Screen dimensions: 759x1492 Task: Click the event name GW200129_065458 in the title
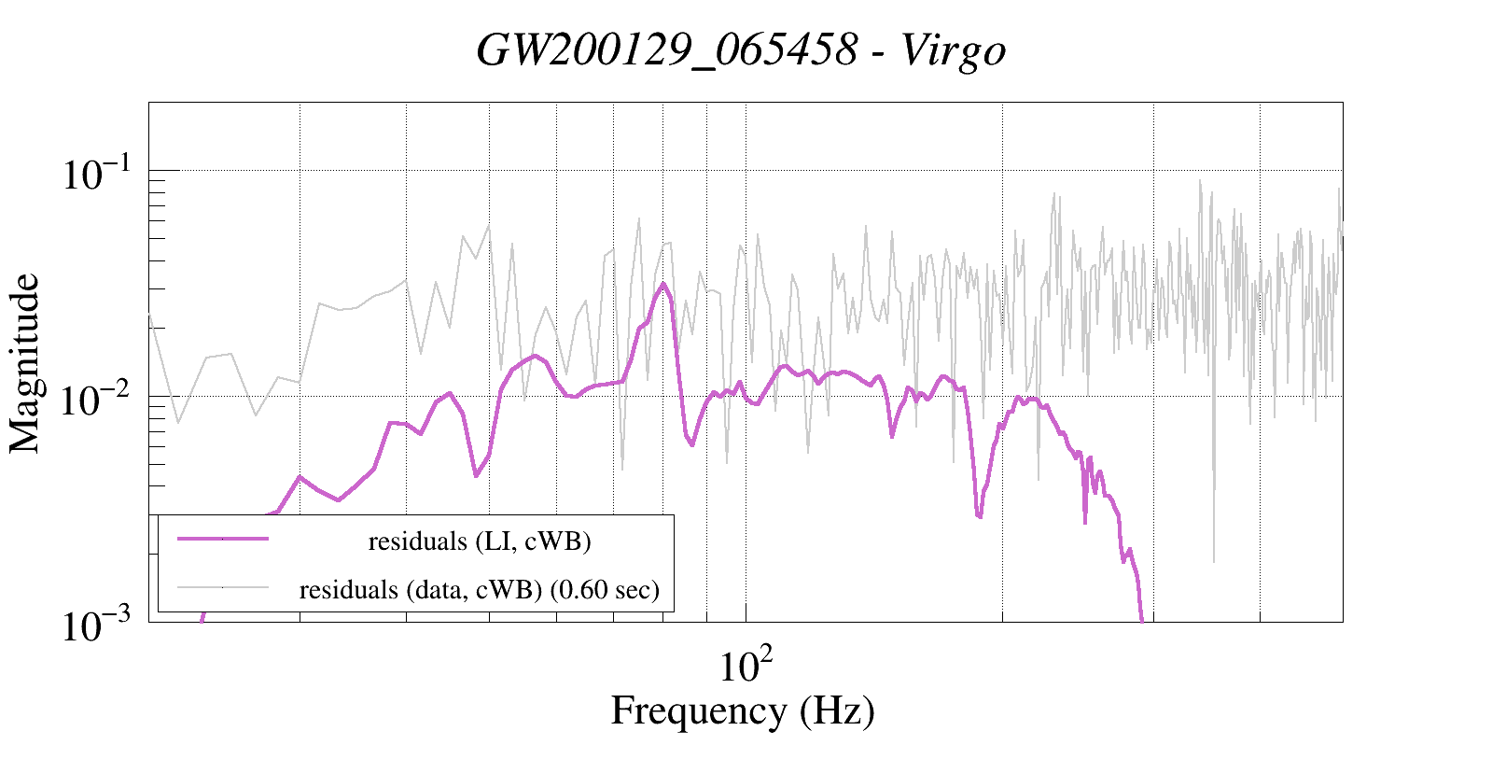[x=666, y=50]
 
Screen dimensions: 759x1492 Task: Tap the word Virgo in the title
[x=954, y=50]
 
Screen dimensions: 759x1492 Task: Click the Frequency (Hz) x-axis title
[x=743, y=711]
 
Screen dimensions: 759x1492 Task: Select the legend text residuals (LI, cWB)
[x=480, y=541]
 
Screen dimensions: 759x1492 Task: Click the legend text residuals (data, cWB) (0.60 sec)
[x=480, y=590]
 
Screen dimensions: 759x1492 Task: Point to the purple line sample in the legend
[x=223, y=540]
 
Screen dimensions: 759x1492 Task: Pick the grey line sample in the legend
[x=223, y=587]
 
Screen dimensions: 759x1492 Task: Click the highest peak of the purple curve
[x=662, y=284]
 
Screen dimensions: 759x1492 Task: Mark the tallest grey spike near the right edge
[x=1200, y=181]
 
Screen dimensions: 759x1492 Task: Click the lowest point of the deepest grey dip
[x=1214, y=561]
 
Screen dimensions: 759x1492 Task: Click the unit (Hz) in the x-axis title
[x=837, y=711]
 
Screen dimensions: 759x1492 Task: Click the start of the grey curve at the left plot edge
[x=150, y=315]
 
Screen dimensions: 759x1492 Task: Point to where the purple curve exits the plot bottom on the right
[x=1142, y=619]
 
